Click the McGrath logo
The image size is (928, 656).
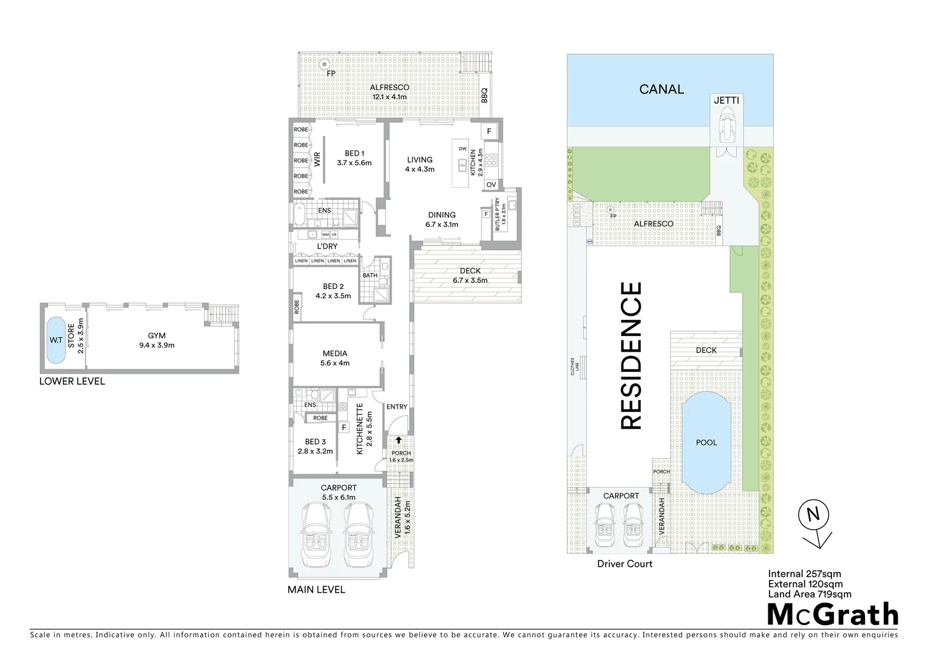[833, 614]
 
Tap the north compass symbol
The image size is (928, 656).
[813, 515]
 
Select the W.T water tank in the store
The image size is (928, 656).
[56, 340]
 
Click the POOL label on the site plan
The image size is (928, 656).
[706, 442]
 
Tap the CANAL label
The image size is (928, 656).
[662, 89]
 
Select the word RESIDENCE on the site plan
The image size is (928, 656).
[631, 356]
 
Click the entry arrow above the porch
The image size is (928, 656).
[398, 440]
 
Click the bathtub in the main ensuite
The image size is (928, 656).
[298, 214]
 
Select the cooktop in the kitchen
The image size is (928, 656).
[492, 160]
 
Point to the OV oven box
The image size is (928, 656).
[491, 185]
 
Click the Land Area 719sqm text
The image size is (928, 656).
[810, 594]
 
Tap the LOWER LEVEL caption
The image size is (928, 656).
[72, 381]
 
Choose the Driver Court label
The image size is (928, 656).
[625, 564]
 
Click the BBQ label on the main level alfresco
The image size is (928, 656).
[484, 96]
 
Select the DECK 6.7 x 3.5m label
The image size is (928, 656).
[470, 276]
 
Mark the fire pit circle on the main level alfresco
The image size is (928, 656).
[325, 63]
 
